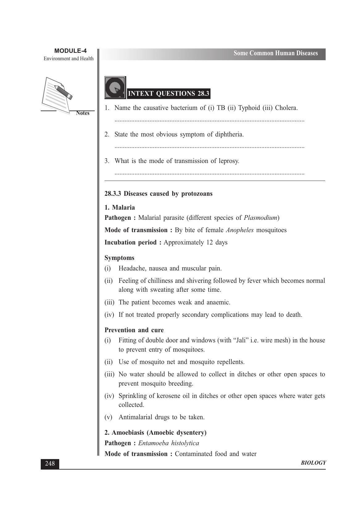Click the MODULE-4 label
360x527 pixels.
[x=70, y=51]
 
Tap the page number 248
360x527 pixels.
[x=50, y=463]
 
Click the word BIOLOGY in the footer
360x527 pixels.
[x=313, y=462]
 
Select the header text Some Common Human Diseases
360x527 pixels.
[x=275, y=53]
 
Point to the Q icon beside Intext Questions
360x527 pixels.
[x=115, y=88]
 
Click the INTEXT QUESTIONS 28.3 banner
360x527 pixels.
[x=168, y=94]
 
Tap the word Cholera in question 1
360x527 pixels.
[x=286, y=108]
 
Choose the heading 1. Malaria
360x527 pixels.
[x=120, y=207]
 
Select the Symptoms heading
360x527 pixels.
[x=119, y=258]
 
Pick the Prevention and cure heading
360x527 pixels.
[x=134, y=330]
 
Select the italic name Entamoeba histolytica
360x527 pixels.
[x=168, y=443]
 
